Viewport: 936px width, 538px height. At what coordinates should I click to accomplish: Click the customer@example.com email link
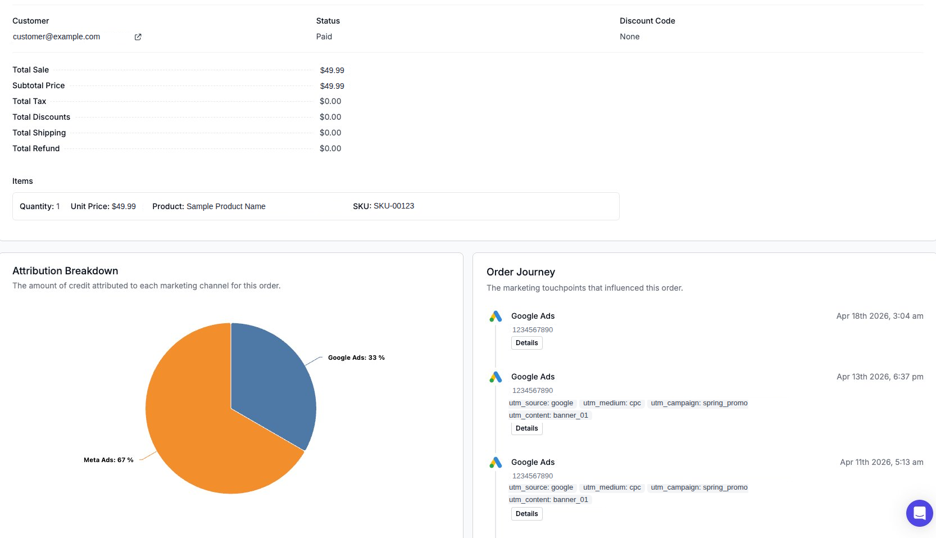56,37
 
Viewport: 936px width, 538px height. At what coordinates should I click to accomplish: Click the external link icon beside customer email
138,37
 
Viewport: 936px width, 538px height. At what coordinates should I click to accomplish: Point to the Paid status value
324,37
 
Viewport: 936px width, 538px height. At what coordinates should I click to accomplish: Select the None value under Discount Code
629,37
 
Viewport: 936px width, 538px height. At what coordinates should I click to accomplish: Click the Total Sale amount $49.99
331,70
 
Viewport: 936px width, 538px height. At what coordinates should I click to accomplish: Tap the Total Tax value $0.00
330,101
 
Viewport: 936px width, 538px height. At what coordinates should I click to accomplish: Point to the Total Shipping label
39,133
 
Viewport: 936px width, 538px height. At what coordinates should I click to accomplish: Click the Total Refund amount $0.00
330,148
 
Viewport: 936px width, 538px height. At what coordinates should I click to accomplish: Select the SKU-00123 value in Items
393,206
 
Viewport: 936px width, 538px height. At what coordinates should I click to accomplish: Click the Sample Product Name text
226,206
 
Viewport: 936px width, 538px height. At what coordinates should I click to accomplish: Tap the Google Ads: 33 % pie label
356,358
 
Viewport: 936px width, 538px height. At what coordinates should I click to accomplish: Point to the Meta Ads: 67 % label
108,460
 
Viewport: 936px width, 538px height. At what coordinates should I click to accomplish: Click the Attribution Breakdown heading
65,271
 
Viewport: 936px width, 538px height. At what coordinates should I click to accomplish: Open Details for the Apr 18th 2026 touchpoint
526,343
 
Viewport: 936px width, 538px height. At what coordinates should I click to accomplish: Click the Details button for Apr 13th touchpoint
526,428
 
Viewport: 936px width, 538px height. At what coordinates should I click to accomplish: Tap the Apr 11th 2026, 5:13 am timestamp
881,462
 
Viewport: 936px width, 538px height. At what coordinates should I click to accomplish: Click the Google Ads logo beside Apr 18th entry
496,317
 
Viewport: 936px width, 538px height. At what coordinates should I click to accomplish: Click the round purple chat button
919,513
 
